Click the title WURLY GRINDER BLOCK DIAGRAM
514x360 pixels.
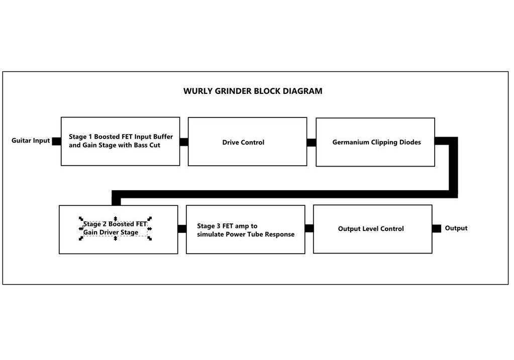tap(253, 91)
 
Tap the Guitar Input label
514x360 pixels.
tap(31, 141)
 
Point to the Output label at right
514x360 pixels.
tap(456, 228)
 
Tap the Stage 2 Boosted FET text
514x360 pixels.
tap(115, 224)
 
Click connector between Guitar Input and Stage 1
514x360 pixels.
tap(56, 141)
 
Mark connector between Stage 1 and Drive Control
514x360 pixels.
tap(184, 142)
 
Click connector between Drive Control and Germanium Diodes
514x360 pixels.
tap(312, 143)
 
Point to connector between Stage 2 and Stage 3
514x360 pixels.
tap(182, 229)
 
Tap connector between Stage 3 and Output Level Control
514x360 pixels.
tap(309, 228)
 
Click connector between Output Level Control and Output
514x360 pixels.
tap(437, 228)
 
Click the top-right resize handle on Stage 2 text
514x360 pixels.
tap(150, 218)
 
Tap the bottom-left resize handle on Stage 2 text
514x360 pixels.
tap(81, 238)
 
